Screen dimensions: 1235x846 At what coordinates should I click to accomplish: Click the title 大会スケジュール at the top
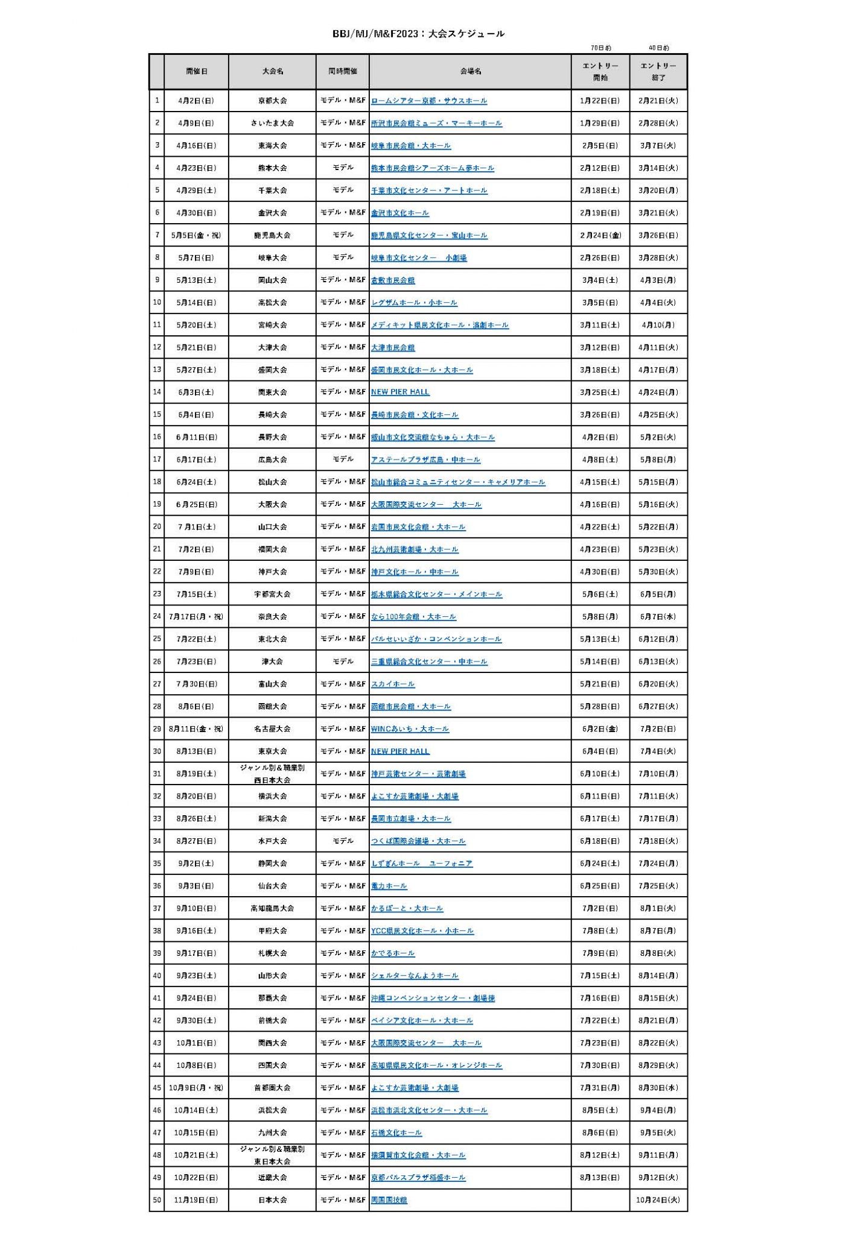coord(418,34)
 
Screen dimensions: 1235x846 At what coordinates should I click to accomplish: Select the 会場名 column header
coord(470,71)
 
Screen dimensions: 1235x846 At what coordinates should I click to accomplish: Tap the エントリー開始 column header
coord(600,71)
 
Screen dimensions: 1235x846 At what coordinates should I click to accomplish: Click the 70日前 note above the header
coord(600,48)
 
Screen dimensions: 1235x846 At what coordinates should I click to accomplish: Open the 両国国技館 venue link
coord(389,1199)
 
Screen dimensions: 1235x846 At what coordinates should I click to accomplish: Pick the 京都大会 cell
coord(272,101)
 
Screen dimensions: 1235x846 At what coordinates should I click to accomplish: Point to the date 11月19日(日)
coord(196,1199)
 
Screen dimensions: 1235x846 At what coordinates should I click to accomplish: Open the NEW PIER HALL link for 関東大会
coord(400,392)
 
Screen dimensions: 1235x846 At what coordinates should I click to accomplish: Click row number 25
coord(157,639)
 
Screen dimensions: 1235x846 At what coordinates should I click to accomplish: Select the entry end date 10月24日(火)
coord(658,1199)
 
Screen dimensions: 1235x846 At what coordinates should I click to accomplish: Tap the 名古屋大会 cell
coord(272,728)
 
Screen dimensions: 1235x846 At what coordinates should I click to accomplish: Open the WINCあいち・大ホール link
coord(410,728)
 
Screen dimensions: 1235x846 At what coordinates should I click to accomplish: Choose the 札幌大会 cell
coord(272,953)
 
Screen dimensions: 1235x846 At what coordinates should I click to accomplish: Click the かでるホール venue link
coord(393,953)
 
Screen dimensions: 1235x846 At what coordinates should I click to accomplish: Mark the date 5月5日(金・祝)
coord(196,235)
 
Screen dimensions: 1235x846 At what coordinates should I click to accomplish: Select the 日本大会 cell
coord(272,1199)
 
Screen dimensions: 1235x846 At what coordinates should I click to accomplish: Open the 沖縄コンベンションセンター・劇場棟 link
coord(433,997)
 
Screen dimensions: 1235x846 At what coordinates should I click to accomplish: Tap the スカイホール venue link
coord(393,684)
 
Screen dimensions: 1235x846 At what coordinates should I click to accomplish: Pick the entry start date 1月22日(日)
coord(600,101)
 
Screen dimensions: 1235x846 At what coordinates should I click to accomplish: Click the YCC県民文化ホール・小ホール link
coord(422,930)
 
